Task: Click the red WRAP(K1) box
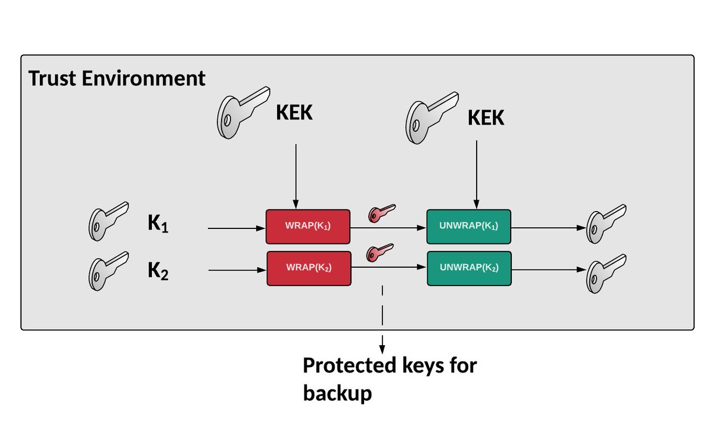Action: (307, 227)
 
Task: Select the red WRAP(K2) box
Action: (308, 268)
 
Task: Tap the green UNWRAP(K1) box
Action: (468, 227)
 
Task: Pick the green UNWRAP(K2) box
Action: (468, 268)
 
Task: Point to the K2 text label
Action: (158, 271)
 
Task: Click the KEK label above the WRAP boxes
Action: (294, 112)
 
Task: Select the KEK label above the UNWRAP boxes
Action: (486, 117)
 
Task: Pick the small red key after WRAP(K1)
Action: (382, 212)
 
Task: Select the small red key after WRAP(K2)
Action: (380, 253)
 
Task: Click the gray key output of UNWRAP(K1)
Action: (605, 220)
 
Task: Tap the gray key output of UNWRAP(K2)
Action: (605, 271)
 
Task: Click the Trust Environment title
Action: (117, 79)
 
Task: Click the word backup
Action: (337, 393)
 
